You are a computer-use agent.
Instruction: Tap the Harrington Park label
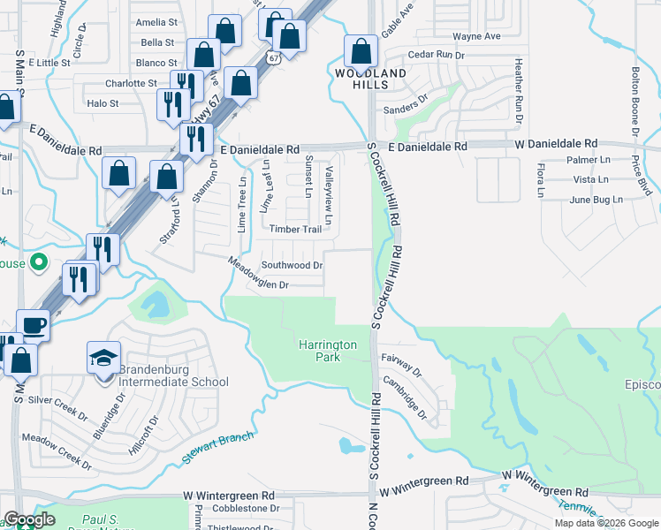[x=327, y=351]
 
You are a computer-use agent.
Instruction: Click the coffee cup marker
[x=33, y=325]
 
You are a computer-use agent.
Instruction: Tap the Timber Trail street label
[x=295, y=229]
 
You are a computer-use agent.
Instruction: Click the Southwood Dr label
[x=292, y=265]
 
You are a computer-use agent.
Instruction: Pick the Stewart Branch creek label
[x=218, y=443]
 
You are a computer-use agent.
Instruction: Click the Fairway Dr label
[x=401, y=360]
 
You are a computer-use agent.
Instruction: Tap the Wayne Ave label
[x=476, y=37]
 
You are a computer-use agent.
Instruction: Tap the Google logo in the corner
[x=28, y=520]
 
